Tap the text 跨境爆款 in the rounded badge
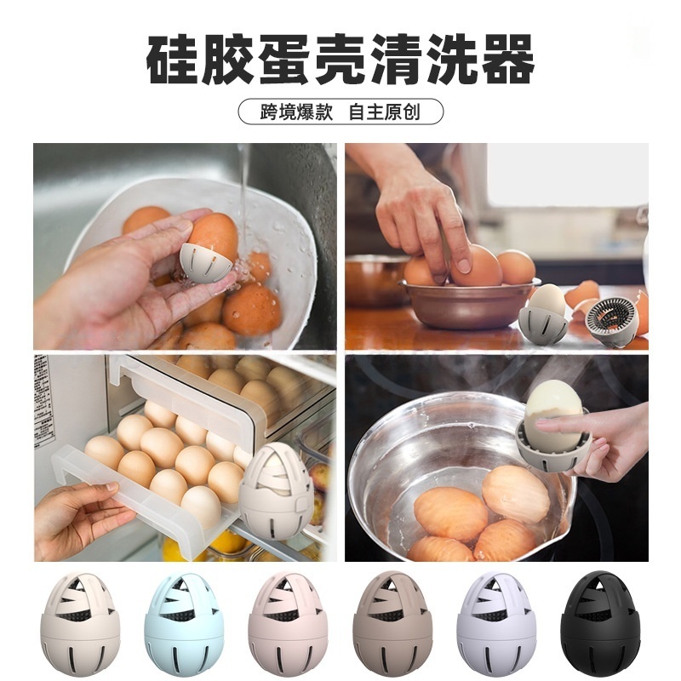(296, 112)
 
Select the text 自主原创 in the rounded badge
(385, 112)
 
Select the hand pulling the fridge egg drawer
(78, 520)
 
